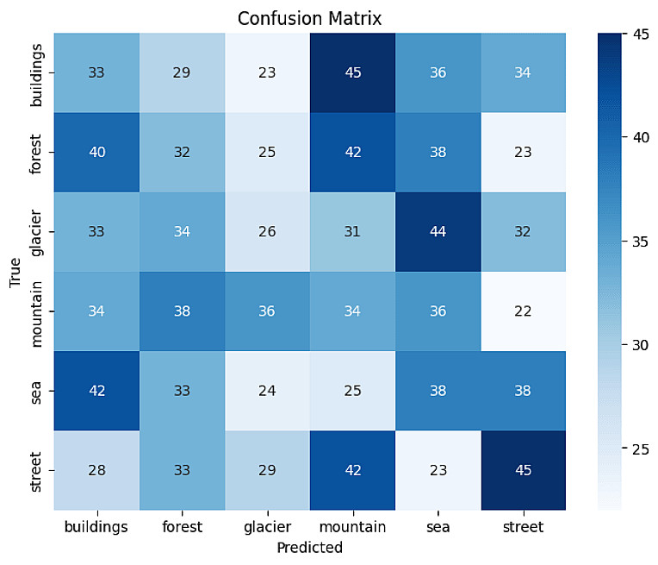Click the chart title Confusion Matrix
click(x=309, y=17)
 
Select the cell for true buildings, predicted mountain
click(x=352, y=72)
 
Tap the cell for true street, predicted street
click(x=522, y=471)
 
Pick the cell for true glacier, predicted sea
click(x=438, y=232)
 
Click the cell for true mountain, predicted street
click(x=522, y=311)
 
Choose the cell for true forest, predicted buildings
click(x=96, y=152)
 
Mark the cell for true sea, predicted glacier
click(x=268, y=392)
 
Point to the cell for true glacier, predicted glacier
click(x=268, y=232)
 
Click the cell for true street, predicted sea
click(x=438, y=471)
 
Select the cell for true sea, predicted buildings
click(x=96, y=392)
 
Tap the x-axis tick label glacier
click(x=268, y=527)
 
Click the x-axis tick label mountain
click(x=352, y=527)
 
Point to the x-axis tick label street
click(x=522, y=527)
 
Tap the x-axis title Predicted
click(x=309, y=548)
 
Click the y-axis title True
click(x=15, y=272)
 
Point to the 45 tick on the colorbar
click(x=641, y=35)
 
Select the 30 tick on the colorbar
click(x=641, y=345)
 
